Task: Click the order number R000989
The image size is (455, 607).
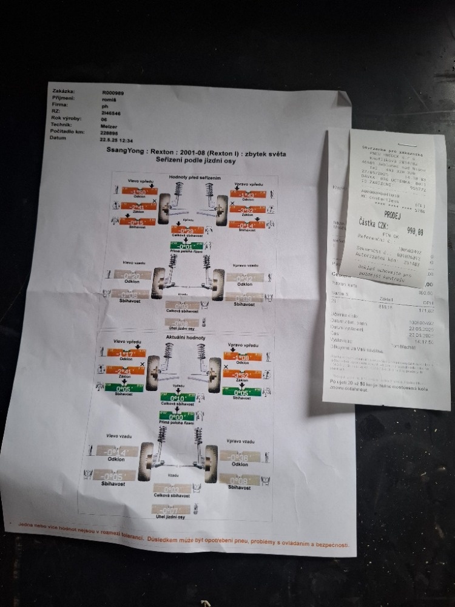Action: pyautogui.click(x=113, y=93)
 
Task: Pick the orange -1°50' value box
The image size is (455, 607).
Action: pyautogui.click(x=140, y=191)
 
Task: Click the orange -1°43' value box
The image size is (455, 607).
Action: pyautogui.click(x=247, y=195)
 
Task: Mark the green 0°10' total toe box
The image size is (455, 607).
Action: pyautogui.click(x=178, y=398)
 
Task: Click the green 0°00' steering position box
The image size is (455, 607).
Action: pyautogui.click(x=175, y=416)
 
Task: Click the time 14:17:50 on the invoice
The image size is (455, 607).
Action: pyautogui.click(x=417, y=342)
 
